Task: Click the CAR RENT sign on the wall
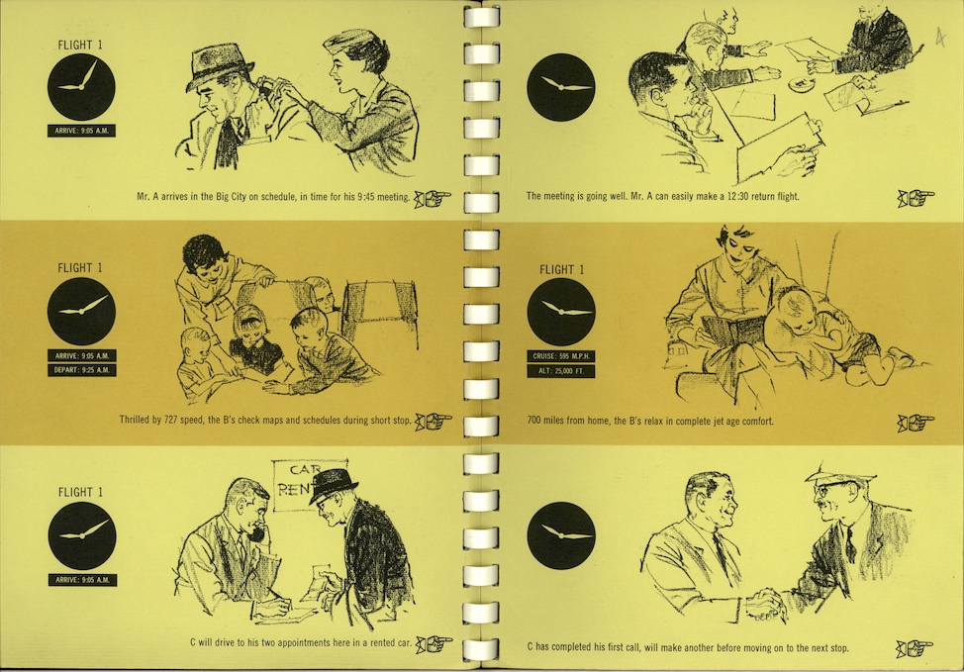[x=310, y=485]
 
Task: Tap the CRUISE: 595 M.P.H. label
[x=561, y=356]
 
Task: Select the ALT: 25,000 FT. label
[x=561, y=371]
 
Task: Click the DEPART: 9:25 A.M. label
[x=82, y=370]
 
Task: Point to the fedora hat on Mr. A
[x=219, y=65]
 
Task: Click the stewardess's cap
[x=345, y=43]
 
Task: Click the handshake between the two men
[x=765, y=603]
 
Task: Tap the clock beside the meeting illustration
[x=561, y=87]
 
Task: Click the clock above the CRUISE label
[x=561, y=312]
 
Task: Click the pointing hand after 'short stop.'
[x=434, y=422]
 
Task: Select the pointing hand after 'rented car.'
[x=434, y=643]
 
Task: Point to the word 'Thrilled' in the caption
[x=135, y=420]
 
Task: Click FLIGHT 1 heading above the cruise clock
[x=562, y=269]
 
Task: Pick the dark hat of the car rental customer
[x=333, y=485]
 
